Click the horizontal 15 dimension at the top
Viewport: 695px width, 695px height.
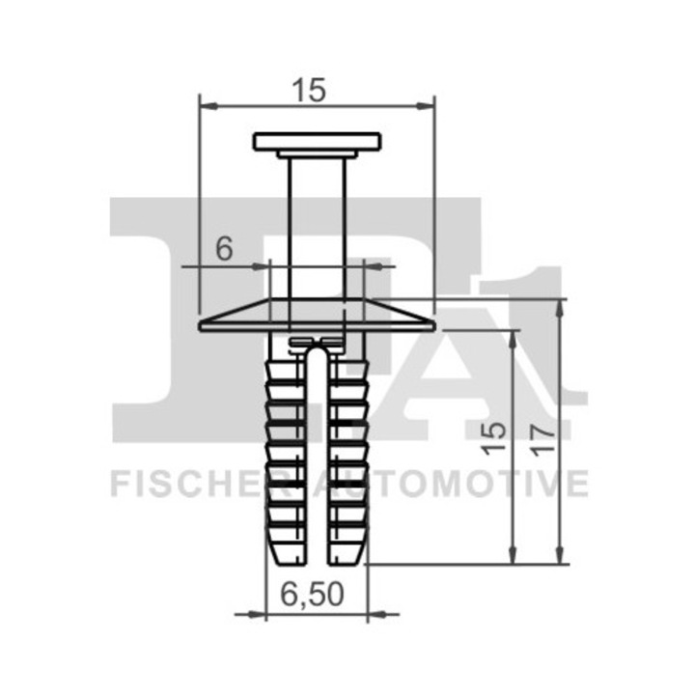[x=311, y=89]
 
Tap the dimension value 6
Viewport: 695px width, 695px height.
[x=224, y=249]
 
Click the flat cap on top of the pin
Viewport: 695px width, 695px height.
[x=317, y=142]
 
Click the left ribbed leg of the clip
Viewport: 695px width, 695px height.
[x=284, y=454]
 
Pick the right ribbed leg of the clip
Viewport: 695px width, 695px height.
[x=348, y=454]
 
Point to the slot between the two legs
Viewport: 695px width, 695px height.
[x=317, y=454]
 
